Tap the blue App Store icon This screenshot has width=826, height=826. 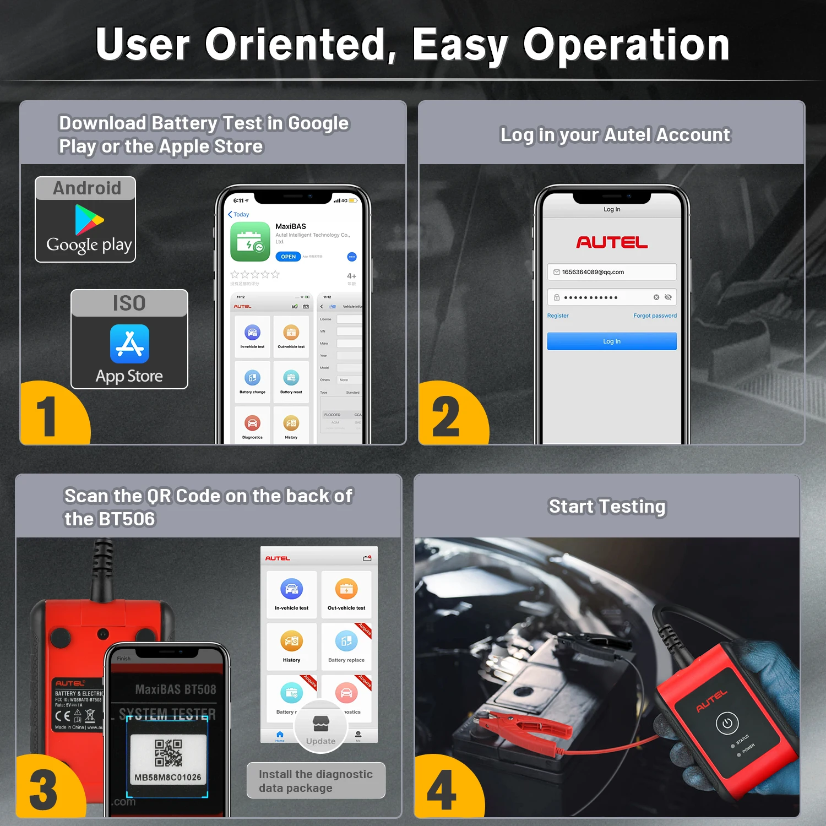(129, 344)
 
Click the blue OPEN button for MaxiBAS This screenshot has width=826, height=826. (288, 257)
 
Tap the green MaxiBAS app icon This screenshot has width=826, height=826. (250, 242)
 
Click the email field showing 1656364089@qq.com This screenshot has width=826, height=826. (611, 272)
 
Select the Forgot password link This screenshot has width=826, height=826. (654, 316)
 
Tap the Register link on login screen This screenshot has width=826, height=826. (557, 316)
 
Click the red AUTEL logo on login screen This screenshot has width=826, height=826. (611, 242)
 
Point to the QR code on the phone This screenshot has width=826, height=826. (168, 753)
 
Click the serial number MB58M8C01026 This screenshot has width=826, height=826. (168, 778)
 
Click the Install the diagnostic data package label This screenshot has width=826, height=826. (316, 781)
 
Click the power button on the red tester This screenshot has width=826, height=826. (726, 723)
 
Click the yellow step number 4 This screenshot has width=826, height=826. (442, 791)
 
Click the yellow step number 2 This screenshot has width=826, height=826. (446, 417)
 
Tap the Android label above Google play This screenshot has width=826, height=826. (86, 188)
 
